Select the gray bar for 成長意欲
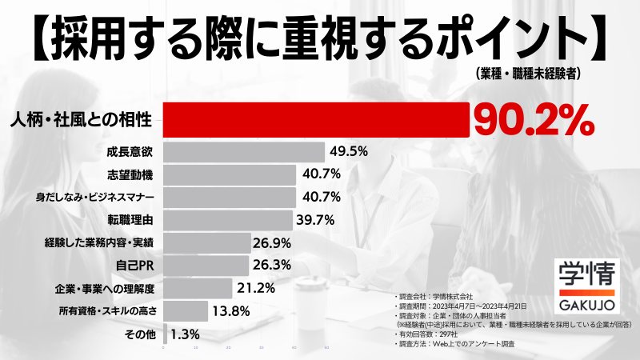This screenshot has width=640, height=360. pyautogui.click(x=244, y=151)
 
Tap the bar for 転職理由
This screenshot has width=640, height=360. pyautogui.click(x=228, y=219)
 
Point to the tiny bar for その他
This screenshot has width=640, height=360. pyautogui.click(x=166, y=333)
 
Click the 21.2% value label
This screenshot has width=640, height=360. pyautogui.click(x=254, y=287)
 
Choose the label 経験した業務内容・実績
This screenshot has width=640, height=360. pyautogui.click(x=100, y=242)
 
